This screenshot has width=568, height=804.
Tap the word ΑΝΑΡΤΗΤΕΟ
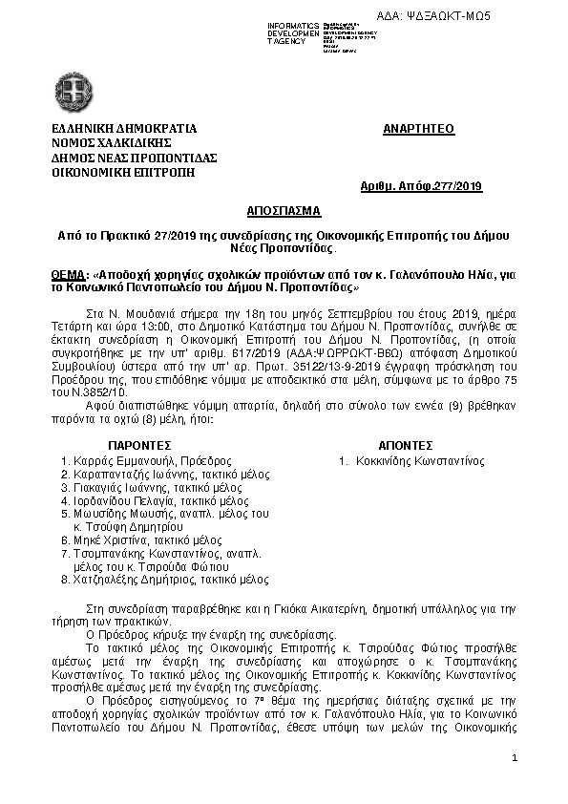418,129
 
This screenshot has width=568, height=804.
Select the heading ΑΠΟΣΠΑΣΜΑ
283,209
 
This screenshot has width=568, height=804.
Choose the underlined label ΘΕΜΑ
69,274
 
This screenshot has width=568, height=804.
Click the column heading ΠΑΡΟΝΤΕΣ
139,445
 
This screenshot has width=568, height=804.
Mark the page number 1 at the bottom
514,759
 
